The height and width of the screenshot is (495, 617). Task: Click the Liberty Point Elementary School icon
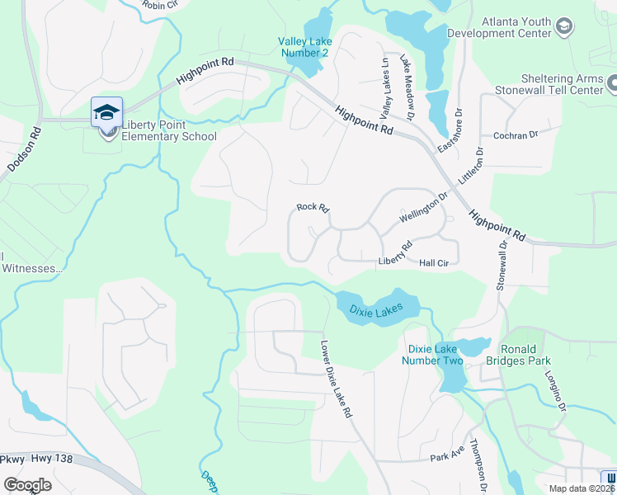point(106,112)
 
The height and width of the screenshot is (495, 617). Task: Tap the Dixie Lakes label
point(375,310)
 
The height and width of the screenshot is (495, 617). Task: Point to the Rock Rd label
point(313,207)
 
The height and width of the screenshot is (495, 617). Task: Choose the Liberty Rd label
point(395,253)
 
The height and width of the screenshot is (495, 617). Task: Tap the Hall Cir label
point(433,263)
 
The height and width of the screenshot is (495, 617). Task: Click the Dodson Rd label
point(24,149)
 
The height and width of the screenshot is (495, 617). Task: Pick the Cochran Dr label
point(515,134)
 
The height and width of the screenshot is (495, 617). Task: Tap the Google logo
point(27,485)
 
